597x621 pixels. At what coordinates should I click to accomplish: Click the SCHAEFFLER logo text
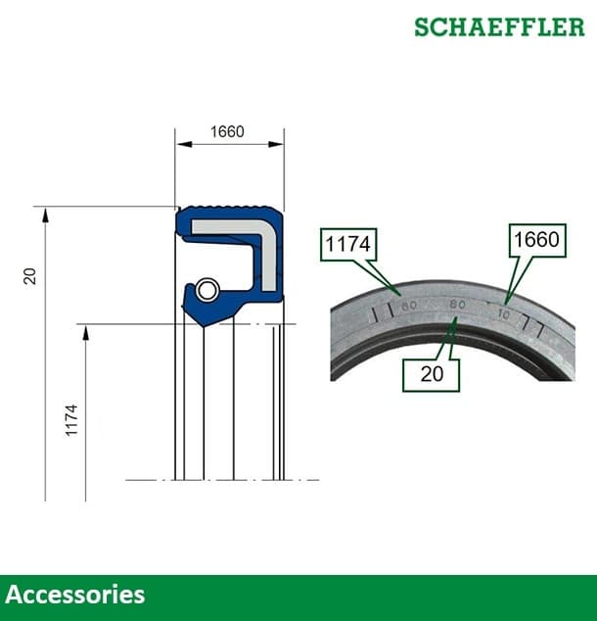point(498,26)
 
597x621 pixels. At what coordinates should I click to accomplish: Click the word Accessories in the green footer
point(75,595)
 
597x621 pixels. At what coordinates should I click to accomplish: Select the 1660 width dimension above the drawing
point(227,132)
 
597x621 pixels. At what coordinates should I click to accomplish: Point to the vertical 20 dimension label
point(30,277)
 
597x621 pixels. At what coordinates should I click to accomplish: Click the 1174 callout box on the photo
point(347,245)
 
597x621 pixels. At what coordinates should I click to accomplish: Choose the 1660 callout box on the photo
point(535,240)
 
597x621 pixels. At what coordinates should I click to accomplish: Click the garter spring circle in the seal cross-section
point(206,290)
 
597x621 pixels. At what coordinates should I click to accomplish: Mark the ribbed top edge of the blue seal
point(229,209)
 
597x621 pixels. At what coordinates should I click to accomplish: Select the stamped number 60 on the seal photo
point(409,307)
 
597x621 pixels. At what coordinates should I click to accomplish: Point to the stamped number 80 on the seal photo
point(456,305)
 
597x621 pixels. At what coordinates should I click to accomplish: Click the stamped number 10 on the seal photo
point(503,314)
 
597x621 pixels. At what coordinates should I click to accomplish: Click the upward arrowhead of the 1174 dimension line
point(86,332)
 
